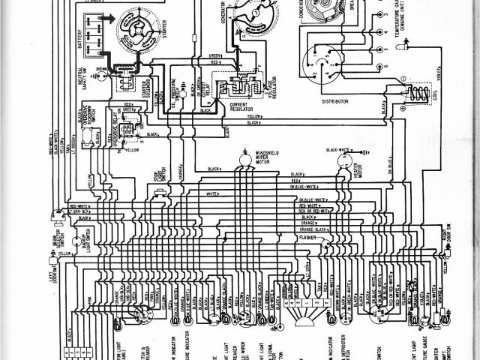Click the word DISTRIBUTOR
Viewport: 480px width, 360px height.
coord(337,99)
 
